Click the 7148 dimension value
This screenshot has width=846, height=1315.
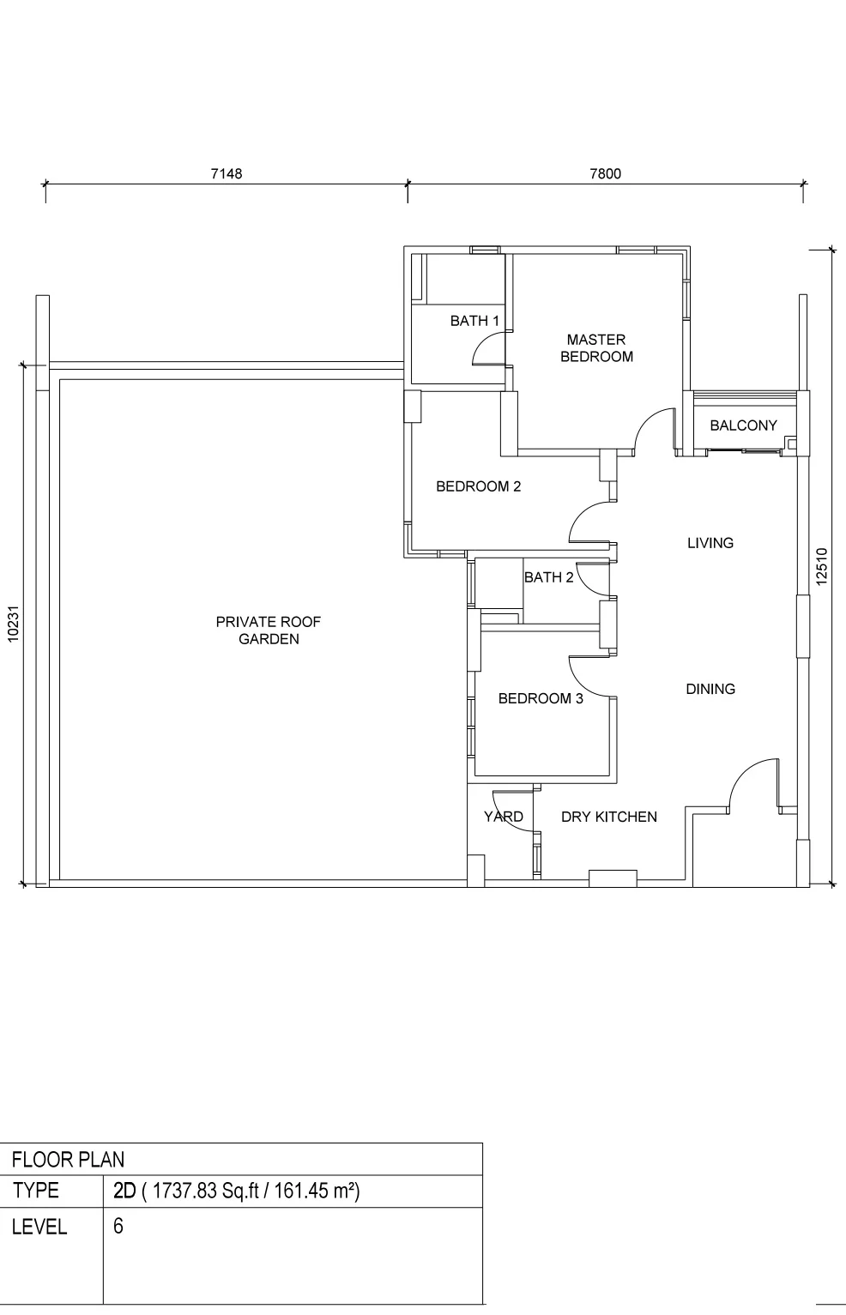click(x=226, y=174)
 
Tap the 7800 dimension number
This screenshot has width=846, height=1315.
click(x=605, y=174)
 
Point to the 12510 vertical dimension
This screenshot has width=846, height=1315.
click(x=821, y=566)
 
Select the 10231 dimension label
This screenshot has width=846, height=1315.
click(x=14, y=624)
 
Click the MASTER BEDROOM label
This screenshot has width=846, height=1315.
click(x=596, y=348)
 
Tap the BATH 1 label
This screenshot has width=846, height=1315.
click(x=474, y=321)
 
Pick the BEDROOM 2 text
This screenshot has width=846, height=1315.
click(x=479, y=486)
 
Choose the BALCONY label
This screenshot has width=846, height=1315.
click(x=743, y=425)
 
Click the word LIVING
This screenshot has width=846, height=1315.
click(x=710, y=543)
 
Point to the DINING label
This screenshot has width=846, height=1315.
click(x=710, y=689)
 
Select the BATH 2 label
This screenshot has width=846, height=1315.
click(x=549, y=577)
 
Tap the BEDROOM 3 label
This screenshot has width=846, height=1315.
click(x=541, y=698)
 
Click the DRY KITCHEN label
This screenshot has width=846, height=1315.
click(x=609, y=817)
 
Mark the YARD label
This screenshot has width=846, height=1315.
click(x=503, y=817)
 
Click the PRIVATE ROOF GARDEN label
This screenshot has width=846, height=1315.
click(x=269, y=630)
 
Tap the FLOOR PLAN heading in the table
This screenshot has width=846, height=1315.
click(x=68, y=1160)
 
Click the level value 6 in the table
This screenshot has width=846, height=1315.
click(x=118, y=1226)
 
